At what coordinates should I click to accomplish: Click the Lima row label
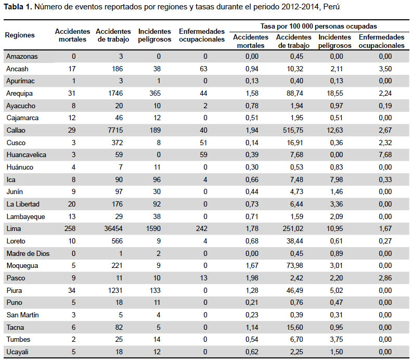(x=14, y=228)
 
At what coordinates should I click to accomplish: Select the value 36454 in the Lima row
(x=113, y=228)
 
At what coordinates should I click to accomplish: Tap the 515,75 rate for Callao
(x=293, y=130)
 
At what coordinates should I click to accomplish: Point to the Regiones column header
(x=20, y=35)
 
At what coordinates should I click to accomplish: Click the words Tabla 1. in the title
(x=18, y=7)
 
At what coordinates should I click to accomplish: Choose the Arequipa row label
(x=19, y=93)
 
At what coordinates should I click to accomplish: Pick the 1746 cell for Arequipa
(x=115, y=93)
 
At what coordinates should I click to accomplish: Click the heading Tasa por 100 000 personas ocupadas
(x=318, y=26)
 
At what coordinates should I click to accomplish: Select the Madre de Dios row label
(x=28, y=253)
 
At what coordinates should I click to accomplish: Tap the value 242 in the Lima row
(x=201, y=228)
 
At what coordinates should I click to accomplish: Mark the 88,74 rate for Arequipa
(x=295, y=93)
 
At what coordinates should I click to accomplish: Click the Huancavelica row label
(x=26, y=155)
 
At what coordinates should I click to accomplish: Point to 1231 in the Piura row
(x=115, y=290)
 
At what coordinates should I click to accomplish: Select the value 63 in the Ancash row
(x=203, y=69)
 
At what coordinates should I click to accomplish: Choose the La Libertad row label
(x=23, y=204)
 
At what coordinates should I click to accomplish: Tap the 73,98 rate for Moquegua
(x=295, y=266)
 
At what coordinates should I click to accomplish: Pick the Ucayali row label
(x=17, y=352)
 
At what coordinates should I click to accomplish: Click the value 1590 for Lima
(x=153, y=228)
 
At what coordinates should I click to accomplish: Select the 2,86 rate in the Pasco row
(x=386, y=278)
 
